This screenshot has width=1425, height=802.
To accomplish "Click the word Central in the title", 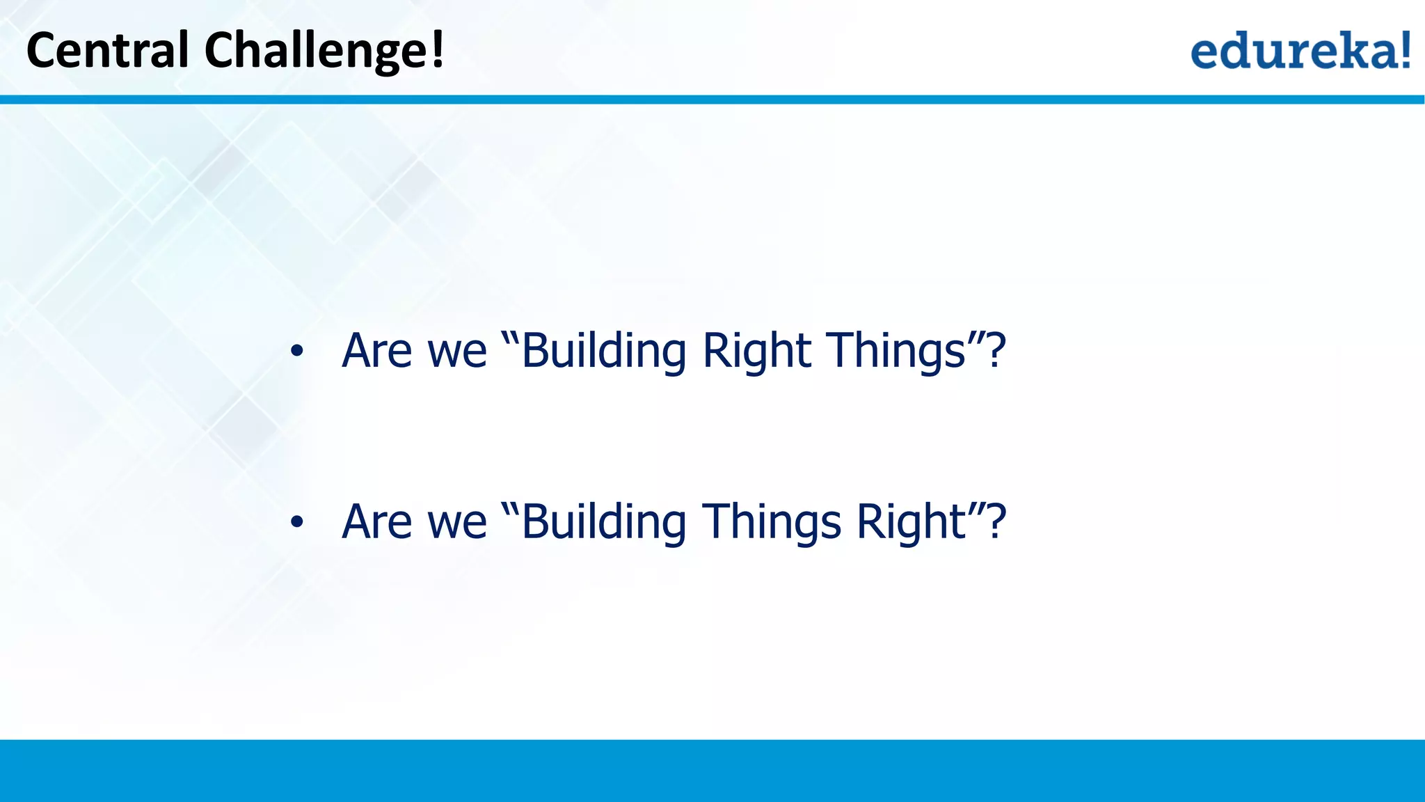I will [x=107, y=50].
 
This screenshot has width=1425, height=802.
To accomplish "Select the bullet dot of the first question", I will [x=297, y=352].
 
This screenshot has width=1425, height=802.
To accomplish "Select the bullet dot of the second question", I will [x=297, y=522].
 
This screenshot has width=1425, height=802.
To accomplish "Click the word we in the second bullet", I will [x=456, y=522].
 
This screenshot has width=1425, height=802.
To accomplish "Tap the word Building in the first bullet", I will [x=604, y=352].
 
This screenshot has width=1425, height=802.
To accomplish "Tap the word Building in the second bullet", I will [x=604, y=522].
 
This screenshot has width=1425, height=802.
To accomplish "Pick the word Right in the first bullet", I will [x=756, y=352].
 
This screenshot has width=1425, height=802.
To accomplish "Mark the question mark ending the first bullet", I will [x=996, y=350].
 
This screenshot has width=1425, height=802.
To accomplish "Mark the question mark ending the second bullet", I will [x=996, y=521].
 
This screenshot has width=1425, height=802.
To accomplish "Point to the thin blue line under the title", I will [x=712, y=100].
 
